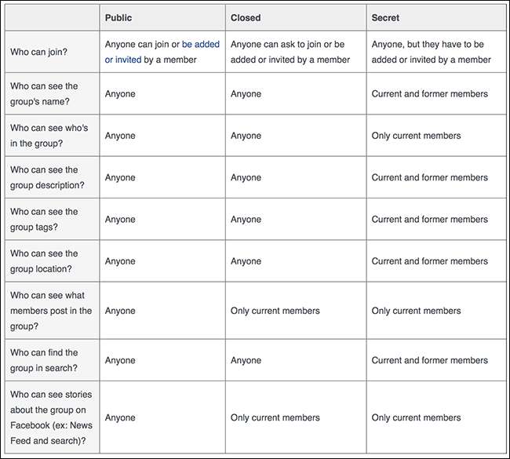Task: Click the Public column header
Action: pyautogui.click(x=118, y=18)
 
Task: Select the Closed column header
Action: pyautogui.click(x=246, y=18)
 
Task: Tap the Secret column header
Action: pyautogui.click(x=385, y=18)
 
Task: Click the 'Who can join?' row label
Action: pyautogui.click(x=38, y=53)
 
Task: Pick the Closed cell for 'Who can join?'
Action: pyautogui.click(x=290, y=52)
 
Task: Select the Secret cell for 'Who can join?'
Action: pyautogui.click(x=431, y=52)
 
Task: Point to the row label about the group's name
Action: pyautogui.click(x=44, y=94)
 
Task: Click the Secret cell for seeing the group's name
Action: pyautogui.click(x=429, y=94)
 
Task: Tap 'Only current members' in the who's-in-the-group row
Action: pyautogui.click(x=416, y=136)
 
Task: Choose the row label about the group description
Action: pyautogui.click(x=47, y=177)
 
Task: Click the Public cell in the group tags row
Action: pyautogui.click(x=120, y=220)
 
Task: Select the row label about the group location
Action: pyautogui.click(x=46, y=261)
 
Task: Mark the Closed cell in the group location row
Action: pyautogui.click(x=246, y=261)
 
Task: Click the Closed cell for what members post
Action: pyautogui.click(x=275, y=311)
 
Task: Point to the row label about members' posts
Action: pyautogui.click(x=50, y=311)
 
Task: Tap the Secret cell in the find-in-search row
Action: pyautogui.click(x=429, y=360)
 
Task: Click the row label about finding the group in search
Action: pyautogui.click(x=46, y=360)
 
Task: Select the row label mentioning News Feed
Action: pyautogui.click(x=50, y=417)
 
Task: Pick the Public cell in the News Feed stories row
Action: pyautogui.click(x=120, y=417)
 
